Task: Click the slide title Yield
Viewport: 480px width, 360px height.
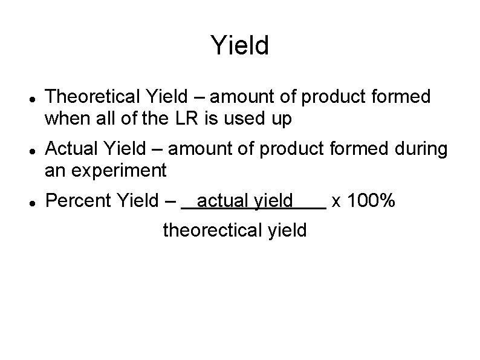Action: [240, 46]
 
